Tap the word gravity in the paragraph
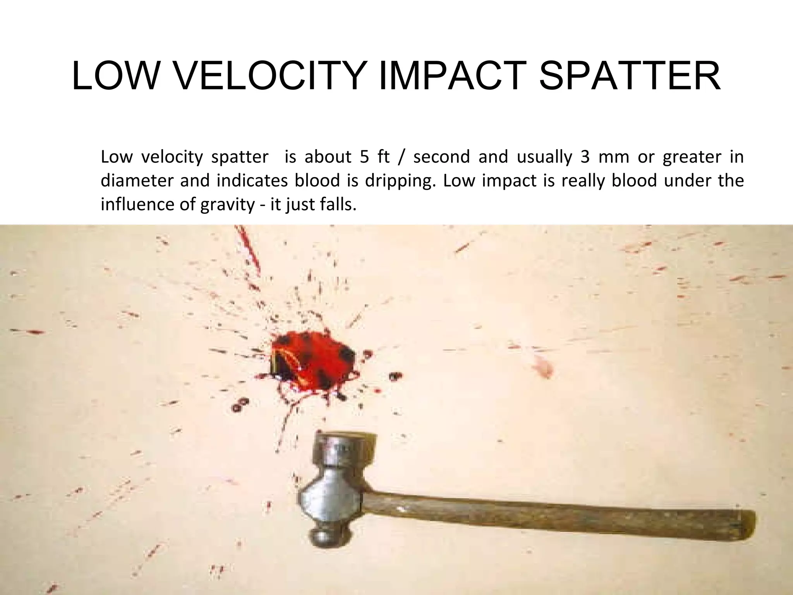[227, 204]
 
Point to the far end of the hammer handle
[745, 523]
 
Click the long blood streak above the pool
[250, 250]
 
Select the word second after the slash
[441, 157]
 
